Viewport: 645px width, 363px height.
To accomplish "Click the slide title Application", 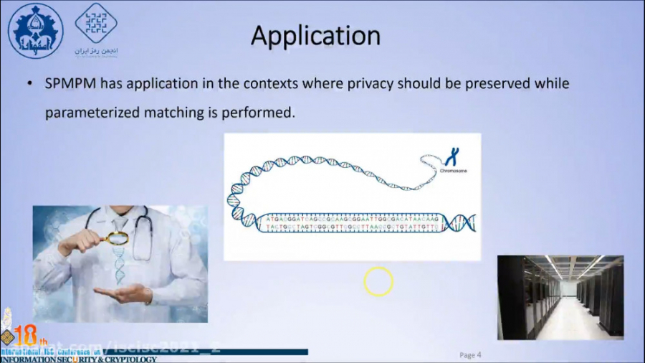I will tap(315, 35).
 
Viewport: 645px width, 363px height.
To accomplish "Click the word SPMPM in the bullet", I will tap(70, 83).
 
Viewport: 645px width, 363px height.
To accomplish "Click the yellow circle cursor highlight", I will tap(378, 281).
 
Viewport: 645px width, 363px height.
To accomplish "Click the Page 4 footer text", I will tap(470, 354).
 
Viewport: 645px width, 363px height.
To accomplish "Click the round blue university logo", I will tap(35, 30).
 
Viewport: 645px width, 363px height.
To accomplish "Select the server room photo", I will tap(560, 297).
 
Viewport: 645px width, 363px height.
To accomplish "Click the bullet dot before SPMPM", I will tap(29, 84).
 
